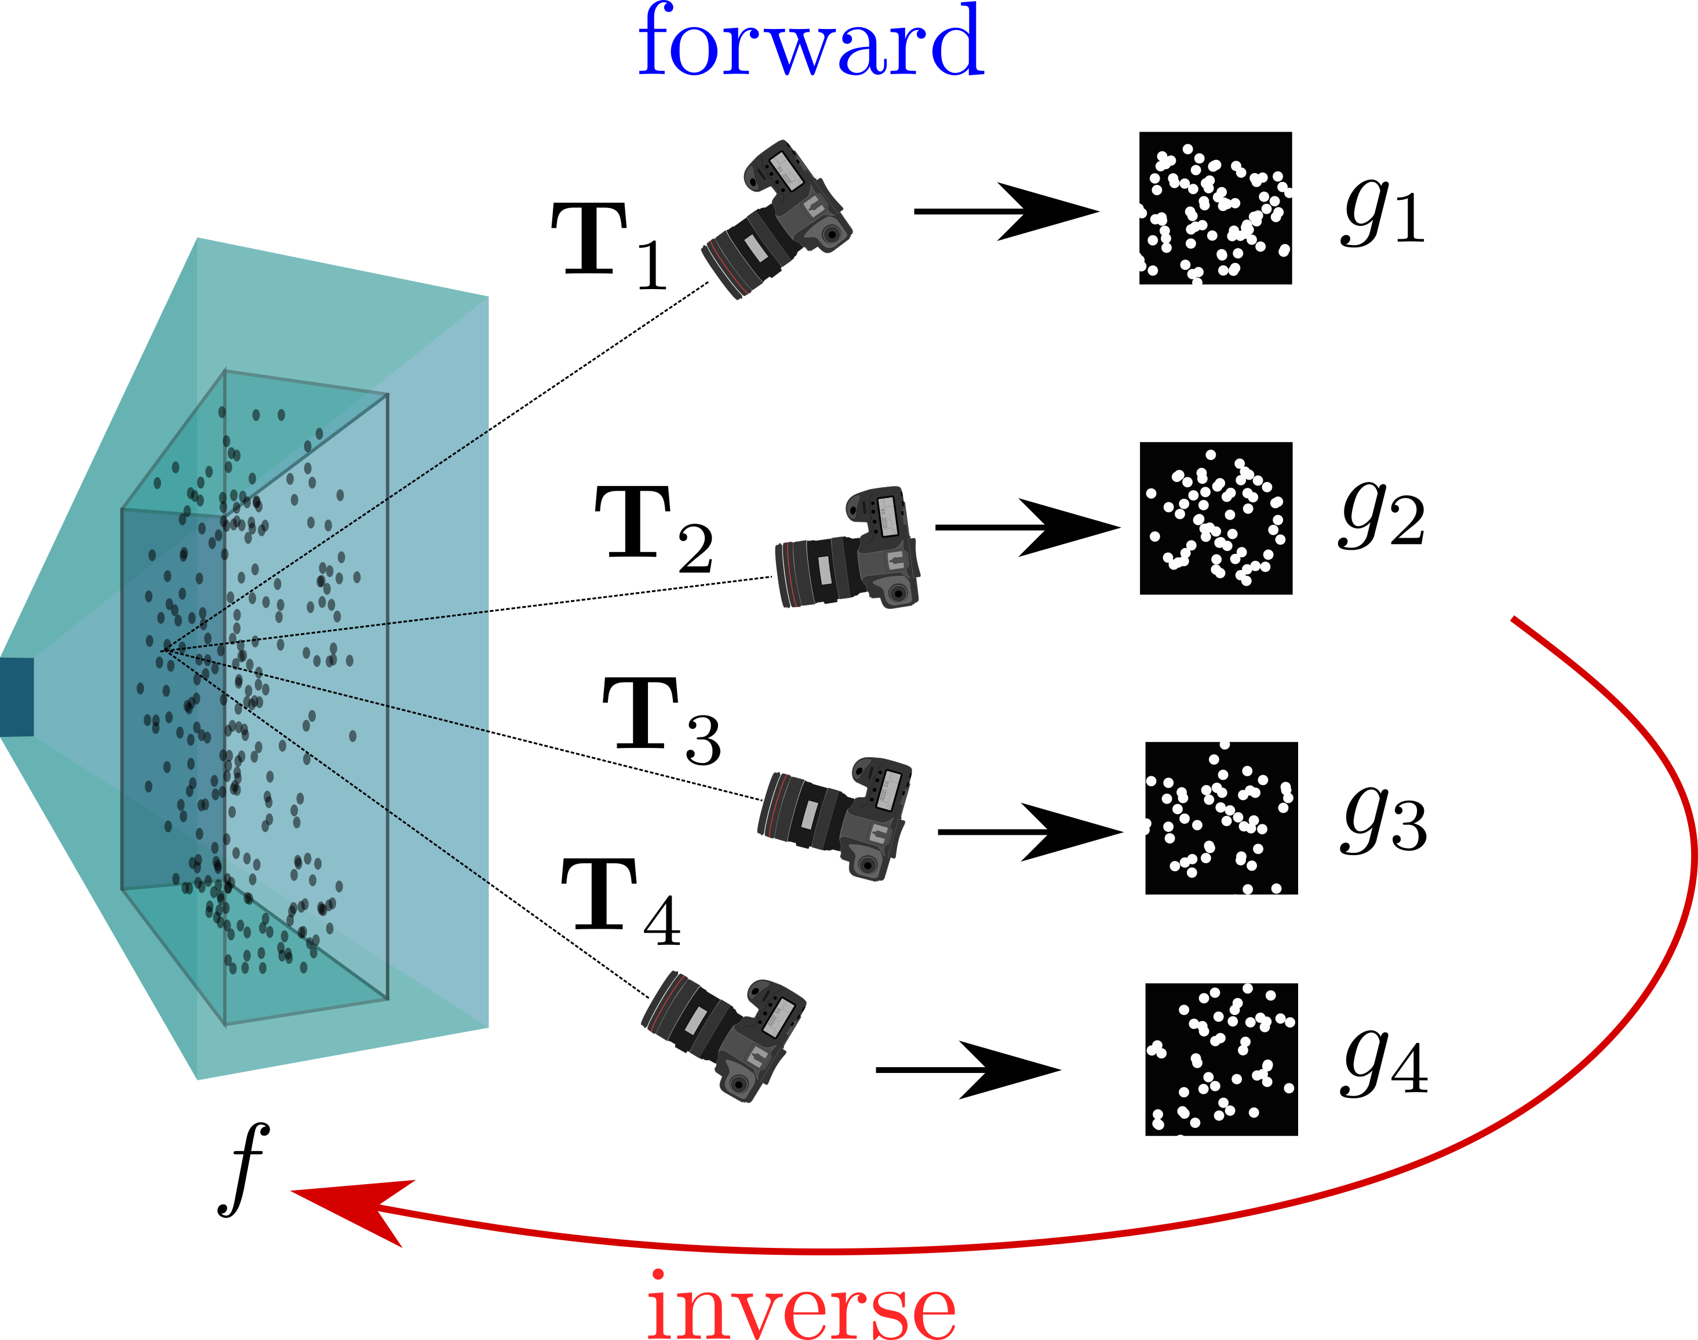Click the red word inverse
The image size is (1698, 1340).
tap(800, 1306)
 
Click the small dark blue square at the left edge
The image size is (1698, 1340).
tap(16, 697)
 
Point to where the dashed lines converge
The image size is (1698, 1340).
tap(165, 648)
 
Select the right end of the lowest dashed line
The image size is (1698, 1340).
tap(487, 882)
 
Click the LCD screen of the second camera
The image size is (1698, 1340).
tap(888, 516)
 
